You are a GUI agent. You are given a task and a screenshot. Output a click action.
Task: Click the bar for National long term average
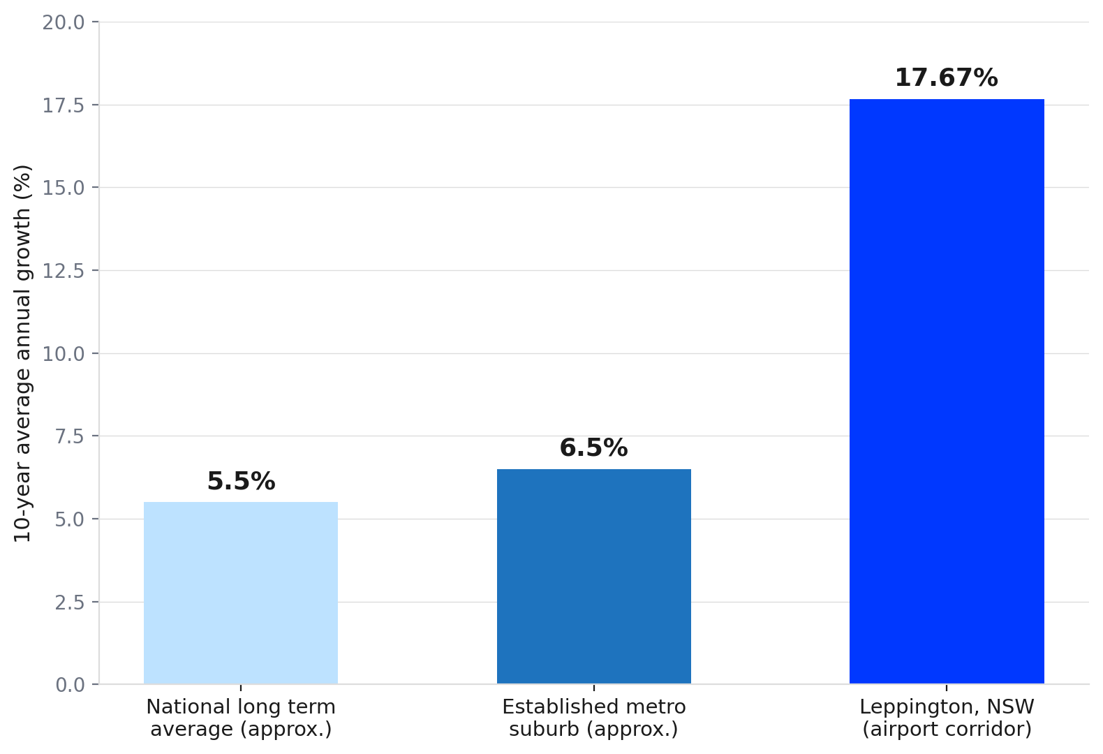(x=241, y=593)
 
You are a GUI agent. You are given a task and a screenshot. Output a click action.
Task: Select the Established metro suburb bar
(x=594, y=576)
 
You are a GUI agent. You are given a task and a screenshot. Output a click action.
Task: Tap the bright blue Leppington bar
(x=947, y=392)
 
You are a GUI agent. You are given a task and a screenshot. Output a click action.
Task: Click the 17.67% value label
(x=947, y=77)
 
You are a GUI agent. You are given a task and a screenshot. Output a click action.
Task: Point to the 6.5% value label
(x=594, y=448)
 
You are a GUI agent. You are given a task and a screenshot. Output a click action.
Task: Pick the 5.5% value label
(x=241, y=481)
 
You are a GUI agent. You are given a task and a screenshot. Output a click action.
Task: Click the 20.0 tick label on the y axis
(x=64, y=22)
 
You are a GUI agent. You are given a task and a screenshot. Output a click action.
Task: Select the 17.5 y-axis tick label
(x=64, y=105)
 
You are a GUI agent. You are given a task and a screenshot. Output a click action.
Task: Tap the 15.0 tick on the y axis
(x=64, y=188)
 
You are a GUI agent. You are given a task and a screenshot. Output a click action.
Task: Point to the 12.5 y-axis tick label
(x=64, y=271)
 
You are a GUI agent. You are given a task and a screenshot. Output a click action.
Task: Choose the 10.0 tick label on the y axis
(x=64, y=353)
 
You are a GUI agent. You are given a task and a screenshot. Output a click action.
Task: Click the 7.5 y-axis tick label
(x=69, y=436)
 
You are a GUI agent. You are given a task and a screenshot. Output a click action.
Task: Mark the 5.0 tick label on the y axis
(x=69, y=519)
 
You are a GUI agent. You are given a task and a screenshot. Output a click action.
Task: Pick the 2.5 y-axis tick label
(x=69, y=602)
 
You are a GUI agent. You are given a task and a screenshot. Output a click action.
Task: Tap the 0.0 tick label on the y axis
(x=69, y=685)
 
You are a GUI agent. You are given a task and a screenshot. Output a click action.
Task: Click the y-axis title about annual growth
(x=22, y=353)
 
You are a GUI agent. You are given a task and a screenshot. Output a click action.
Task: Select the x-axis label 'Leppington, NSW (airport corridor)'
(x=947, y=718)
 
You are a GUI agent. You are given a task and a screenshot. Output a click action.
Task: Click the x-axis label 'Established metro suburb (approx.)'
(x=594, y=718)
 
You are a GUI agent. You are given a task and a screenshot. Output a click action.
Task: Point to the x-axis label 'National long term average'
(x=241, y=718)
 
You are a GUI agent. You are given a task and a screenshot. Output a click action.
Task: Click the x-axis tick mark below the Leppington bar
(x=947, y=688)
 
